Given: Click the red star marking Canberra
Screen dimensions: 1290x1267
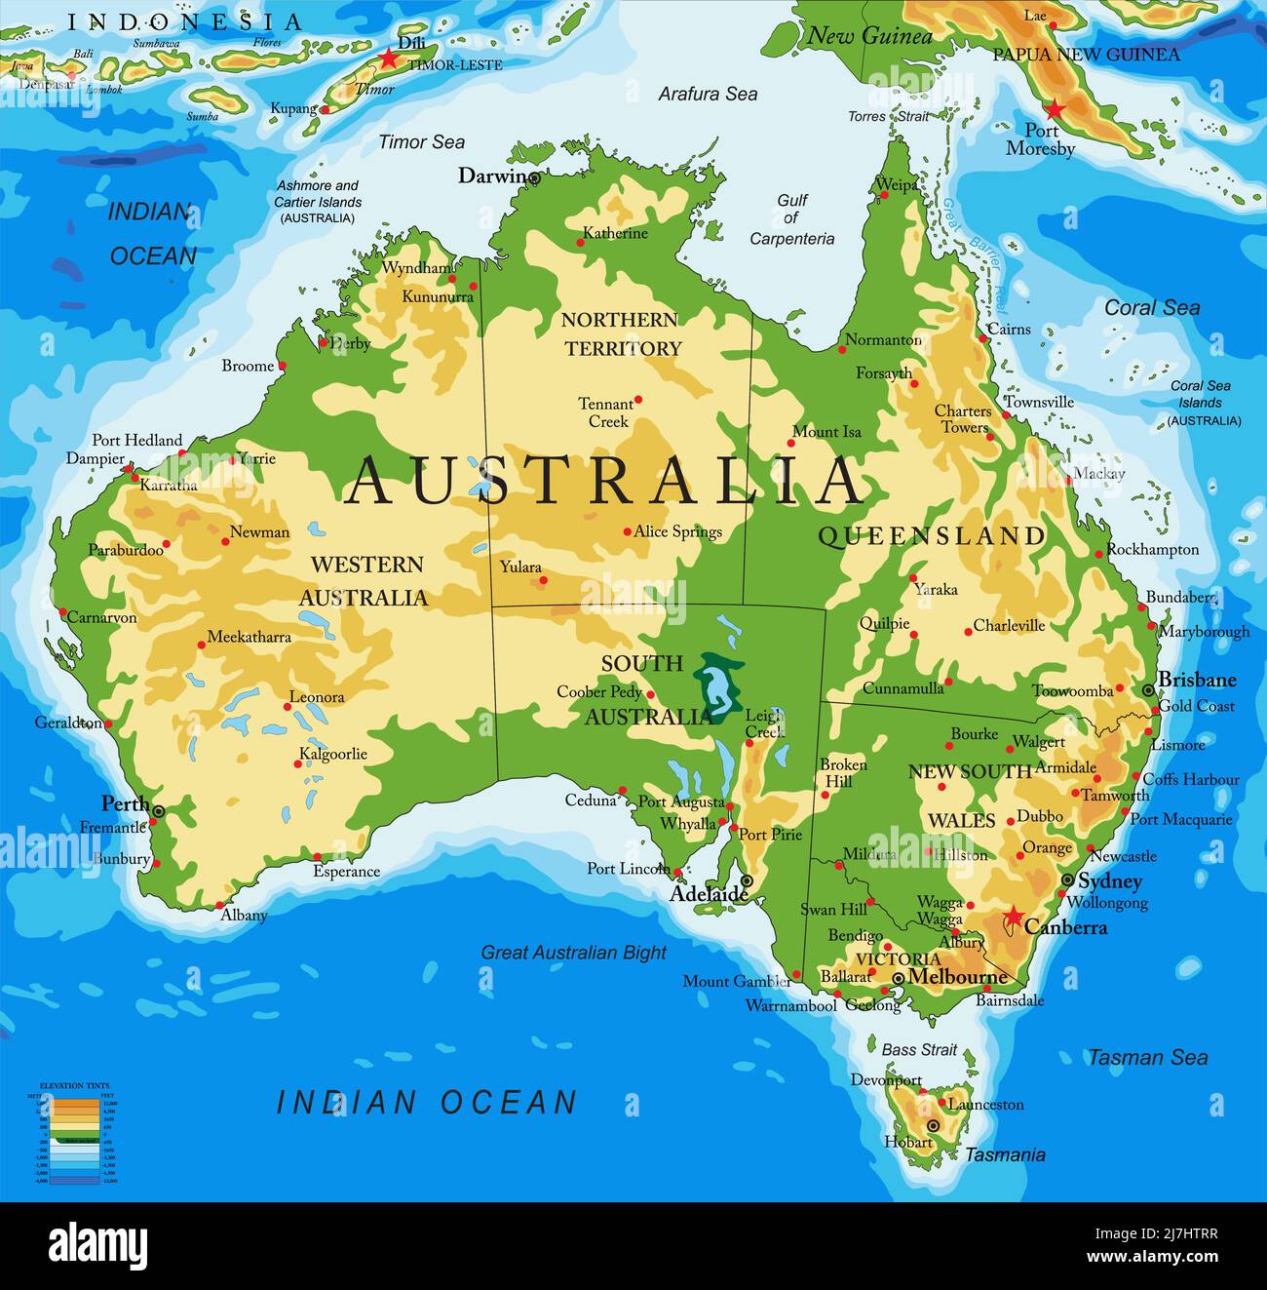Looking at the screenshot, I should point(1014,917).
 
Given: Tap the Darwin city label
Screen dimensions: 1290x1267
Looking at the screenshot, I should point(493,176).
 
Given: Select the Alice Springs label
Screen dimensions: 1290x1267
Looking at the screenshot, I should point(677,531).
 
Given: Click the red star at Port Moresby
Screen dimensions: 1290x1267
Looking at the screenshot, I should point(1054,108).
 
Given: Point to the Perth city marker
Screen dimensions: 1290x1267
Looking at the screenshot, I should point(158,810).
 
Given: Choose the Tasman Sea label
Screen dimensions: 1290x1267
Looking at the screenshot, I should point(1147,1057).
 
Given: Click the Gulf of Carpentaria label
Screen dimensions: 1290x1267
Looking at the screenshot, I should point(791,219).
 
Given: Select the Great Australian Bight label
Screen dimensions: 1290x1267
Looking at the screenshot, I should point(573,953).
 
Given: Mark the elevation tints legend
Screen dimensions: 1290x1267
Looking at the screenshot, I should point(74,1132).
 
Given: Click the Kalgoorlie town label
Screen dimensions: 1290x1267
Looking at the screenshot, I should point(332,754).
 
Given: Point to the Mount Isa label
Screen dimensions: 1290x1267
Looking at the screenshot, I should point(826,431).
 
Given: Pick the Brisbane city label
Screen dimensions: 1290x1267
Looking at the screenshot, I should point(1197,680).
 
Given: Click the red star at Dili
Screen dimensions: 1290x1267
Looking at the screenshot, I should point(389,59).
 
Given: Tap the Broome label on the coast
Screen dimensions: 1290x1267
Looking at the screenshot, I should point(248,366).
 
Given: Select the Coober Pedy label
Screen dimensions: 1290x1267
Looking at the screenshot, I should point(598,691).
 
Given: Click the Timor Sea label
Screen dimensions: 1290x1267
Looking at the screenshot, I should point(421,142).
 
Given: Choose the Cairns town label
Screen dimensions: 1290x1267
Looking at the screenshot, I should point(1009,329).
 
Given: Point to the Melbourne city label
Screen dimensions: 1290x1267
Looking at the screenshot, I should point(957,977).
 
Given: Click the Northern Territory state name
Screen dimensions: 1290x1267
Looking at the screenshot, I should point(621,333).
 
